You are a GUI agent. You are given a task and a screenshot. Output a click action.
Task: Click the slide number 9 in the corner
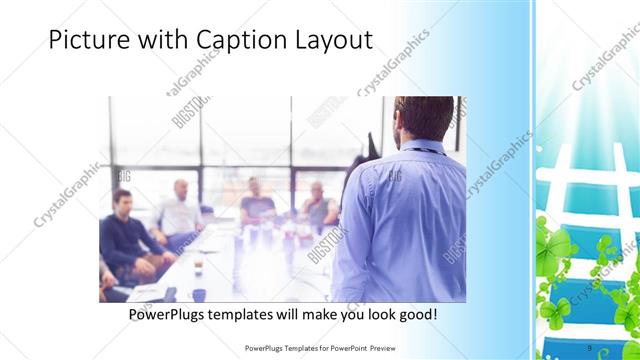pos(589,347)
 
